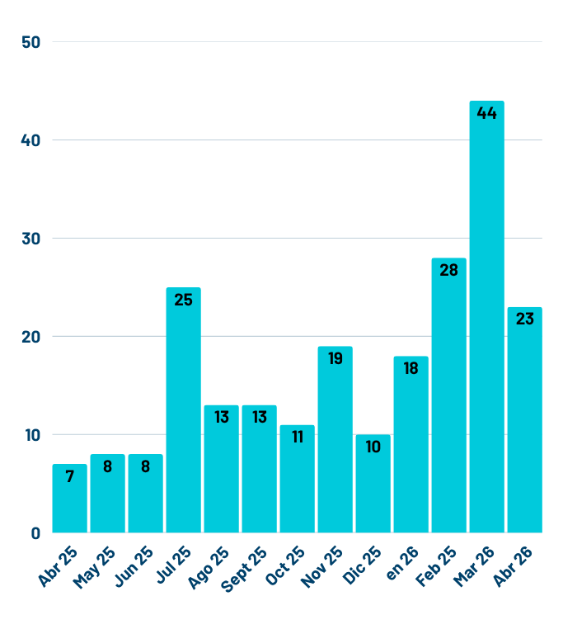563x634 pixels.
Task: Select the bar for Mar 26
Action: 486,317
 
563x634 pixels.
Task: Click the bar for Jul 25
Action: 183,410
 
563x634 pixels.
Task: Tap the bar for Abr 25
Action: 69,498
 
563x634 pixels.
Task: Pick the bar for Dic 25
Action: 373,484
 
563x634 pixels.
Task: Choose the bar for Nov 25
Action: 335,439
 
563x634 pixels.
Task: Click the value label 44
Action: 486,113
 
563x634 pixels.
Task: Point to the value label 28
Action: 448,270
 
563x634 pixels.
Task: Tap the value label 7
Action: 69,476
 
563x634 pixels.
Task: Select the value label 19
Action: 335,358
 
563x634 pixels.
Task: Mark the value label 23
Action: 524,319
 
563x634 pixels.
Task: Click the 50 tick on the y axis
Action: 31,42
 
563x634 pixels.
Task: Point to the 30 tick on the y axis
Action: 31,239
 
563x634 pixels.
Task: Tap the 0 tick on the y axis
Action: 35,533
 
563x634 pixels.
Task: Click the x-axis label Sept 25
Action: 244,569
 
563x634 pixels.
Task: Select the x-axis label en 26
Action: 402,563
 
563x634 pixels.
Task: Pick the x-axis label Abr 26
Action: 513,566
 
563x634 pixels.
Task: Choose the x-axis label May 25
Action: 94,567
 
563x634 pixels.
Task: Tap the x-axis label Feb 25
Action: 436,566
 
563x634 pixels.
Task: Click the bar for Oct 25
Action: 297,479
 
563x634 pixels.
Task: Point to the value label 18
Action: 411,368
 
